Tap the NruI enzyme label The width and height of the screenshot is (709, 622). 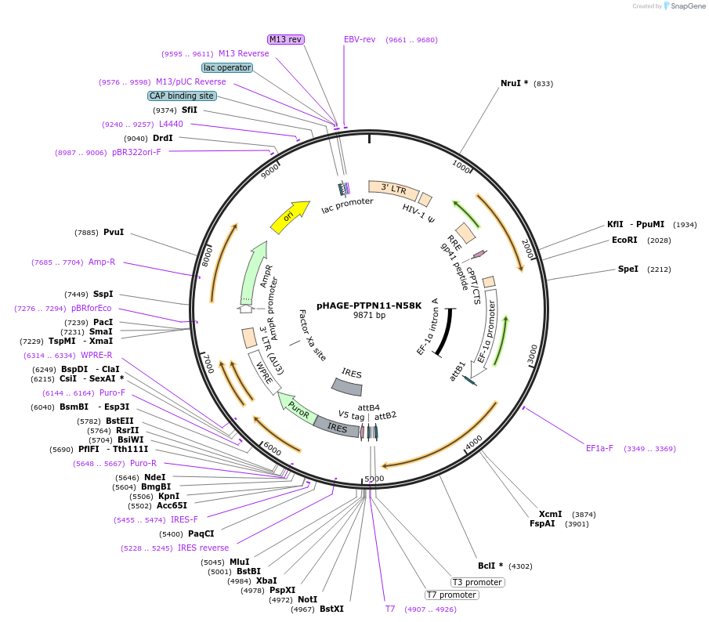click(x=515, y=83)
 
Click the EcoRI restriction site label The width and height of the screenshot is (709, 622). click(x=624, y=240)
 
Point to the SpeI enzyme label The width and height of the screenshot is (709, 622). click(x=628, y=269)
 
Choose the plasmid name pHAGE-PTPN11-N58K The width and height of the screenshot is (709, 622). click(x=369, y=305)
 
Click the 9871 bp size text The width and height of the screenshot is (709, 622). click(x=369, y=315)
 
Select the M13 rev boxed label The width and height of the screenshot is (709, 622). click(x=285, y=39)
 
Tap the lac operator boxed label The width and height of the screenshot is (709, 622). click(x=227, y=67)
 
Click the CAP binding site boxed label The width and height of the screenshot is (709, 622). click(x=182, y=96)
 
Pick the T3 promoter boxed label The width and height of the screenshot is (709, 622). click(x=477, y=582)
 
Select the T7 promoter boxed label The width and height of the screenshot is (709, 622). click(x=452, y=595)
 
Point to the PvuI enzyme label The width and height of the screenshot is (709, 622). click(x=114, y=232)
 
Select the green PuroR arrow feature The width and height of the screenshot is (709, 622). click(x=295, y=408)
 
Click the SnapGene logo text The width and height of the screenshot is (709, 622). click(x=685, y=6)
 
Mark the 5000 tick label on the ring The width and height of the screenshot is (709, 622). click(x=374, y=478)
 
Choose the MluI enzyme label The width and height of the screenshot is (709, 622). click(x=239, y=562)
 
